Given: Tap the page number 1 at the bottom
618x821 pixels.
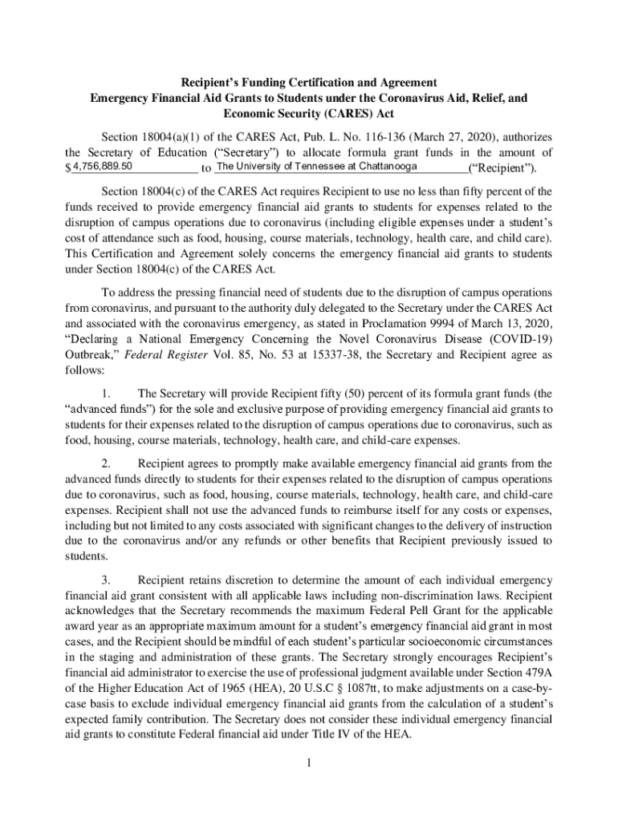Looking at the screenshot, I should coord(308,762).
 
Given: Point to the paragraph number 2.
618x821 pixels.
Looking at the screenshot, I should coord(106,463).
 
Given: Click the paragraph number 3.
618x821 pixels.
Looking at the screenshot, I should coord(106,580).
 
